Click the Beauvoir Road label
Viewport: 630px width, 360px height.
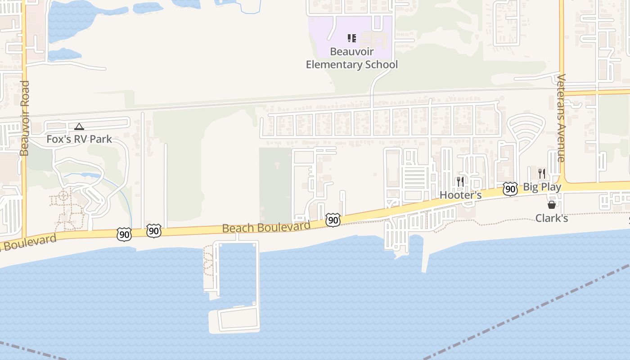(x=25, y=118)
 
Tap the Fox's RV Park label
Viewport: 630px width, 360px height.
(x=79, y=139)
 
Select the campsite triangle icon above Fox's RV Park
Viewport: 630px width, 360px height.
(x=79, y=127)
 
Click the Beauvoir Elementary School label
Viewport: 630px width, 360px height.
(x=352, y=58)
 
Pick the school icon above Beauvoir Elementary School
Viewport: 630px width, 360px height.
(x=352, y=38)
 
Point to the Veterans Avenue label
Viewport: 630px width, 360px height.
(x=561, y=118)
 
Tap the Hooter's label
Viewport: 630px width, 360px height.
(x=460, y=195)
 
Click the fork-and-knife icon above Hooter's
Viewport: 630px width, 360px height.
(x=460, y=182)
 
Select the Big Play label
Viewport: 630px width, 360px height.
(x=542, y=187)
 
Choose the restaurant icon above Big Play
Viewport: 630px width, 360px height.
(x=542, y=174)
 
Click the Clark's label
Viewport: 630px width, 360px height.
(x=551, y=218)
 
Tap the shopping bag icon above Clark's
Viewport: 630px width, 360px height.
(x=551, y=205)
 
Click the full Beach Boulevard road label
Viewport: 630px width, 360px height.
(x=266, y=227)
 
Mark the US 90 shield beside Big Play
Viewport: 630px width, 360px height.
(x=510, y=189)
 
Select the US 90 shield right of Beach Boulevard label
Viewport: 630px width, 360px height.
(x=333, y=220)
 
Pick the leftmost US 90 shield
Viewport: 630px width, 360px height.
(x=124, y=234)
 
